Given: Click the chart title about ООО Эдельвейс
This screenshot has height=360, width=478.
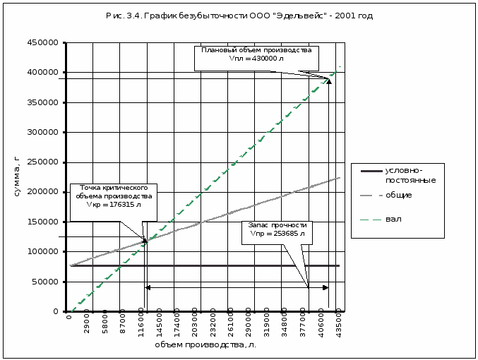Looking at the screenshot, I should pos(239,15).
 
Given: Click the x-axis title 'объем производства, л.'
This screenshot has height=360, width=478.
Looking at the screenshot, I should pos(205,345).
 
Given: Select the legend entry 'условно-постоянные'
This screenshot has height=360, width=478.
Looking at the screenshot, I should pos(410,175).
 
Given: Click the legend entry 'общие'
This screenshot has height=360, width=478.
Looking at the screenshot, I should pos(399,195).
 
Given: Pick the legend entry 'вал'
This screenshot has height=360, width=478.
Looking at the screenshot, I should pos(394,219).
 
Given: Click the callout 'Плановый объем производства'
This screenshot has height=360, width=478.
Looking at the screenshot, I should pos(256,51).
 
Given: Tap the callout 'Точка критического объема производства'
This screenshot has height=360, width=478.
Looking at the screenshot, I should pos(114,192).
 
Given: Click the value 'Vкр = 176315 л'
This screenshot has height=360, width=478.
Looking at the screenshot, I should pos(114,205).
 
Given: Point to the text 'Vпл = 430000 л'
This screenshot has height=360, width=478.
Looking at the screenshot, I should pos(256,59).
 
